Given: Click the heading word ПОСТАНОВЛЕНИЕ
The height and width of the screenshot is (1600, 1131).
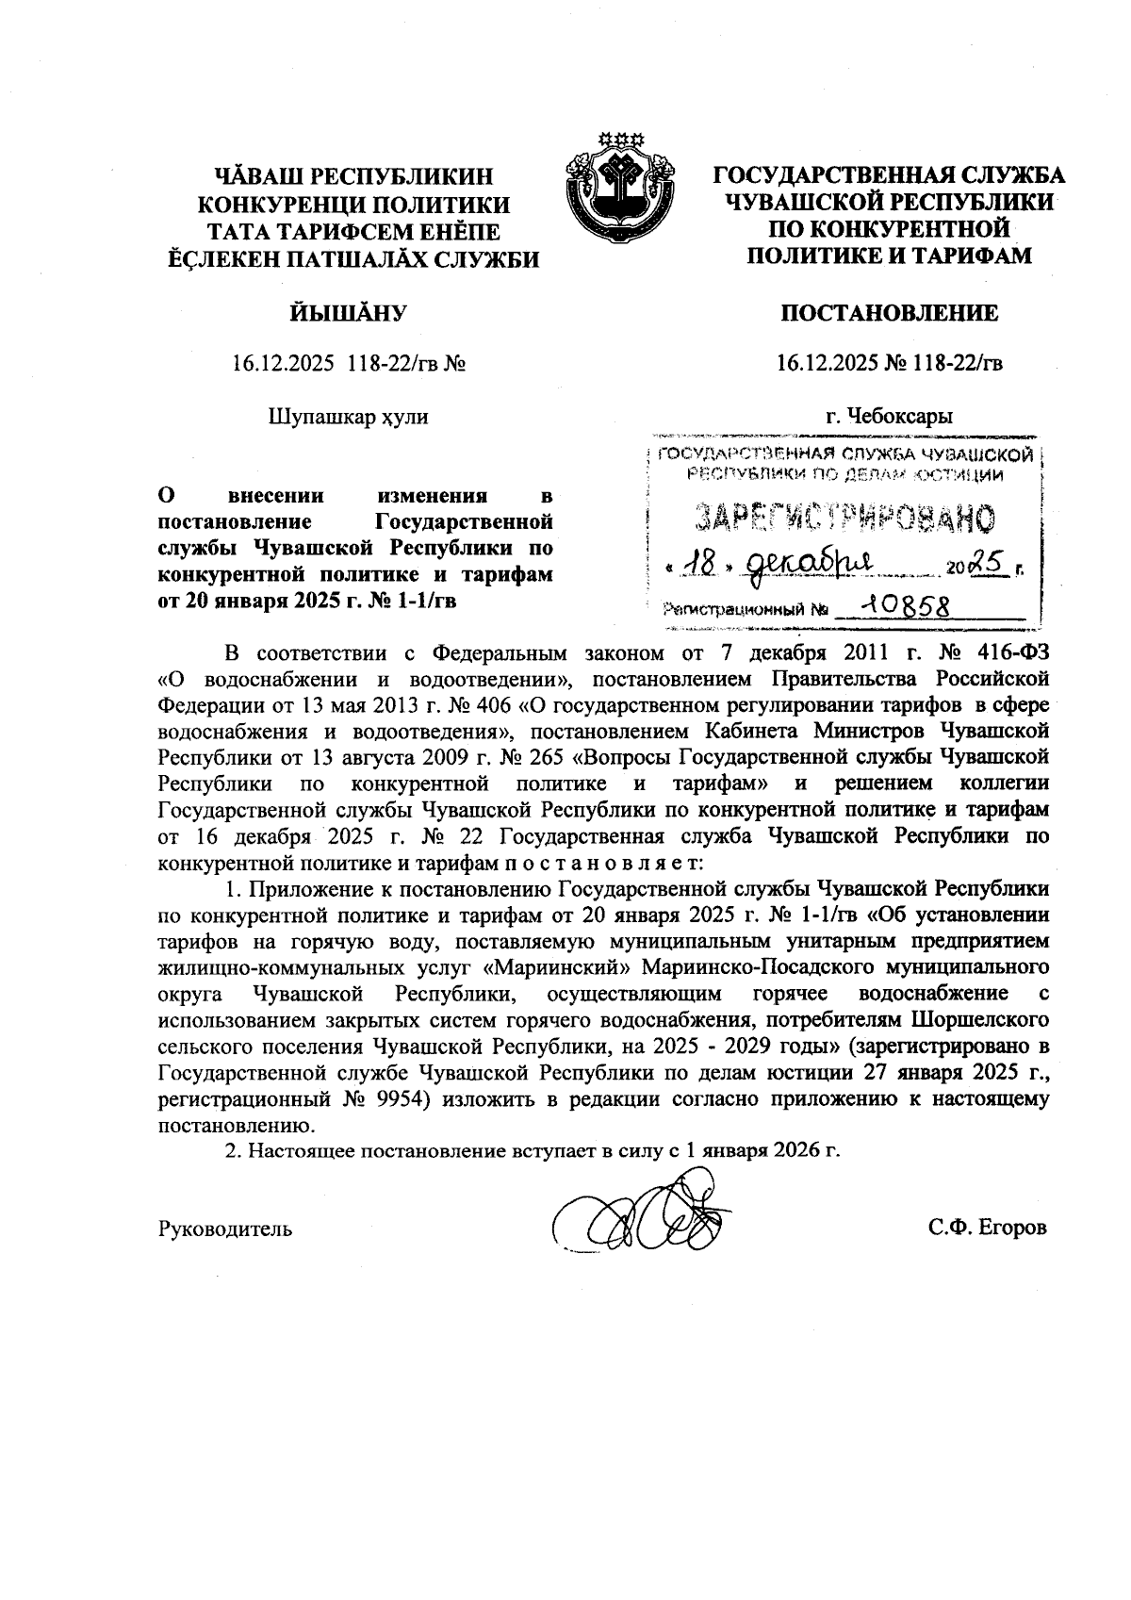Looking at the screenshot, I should [889, 313].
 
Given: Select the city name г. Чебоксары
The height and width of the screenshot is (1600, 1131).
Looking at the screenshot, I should [889, 415].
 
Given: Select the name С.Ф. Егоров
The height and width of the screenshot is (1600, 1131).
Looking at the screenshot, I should [987, 1229].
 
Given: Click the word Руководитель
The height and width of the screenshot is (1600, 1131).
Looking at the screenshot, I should [225, 1229].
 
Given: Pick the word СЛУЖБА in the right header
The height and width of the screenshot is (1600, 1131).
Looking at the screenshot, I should [1011, 176].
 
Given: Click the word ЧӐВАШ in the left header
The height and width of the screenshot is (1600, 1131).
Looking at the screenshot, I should [256, 176].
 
